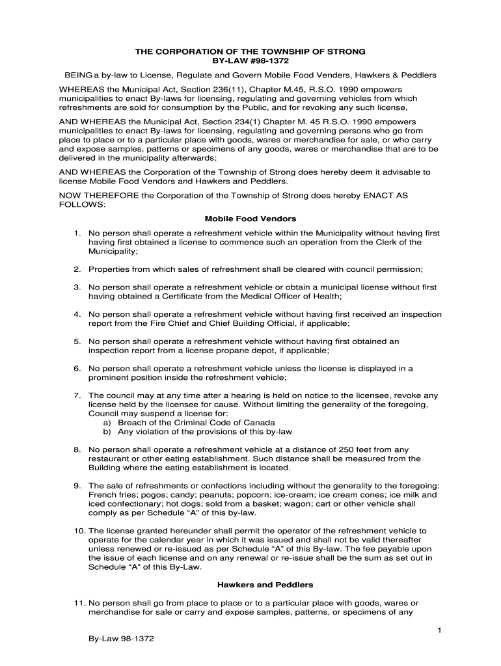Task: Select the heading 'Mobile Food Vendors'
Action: point(251,219)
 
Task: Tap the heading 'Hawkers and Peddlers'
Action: point(251,585)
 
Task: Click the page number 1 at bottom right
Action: point(440,630)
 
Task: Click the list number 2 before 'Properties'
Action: point(77,269)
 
